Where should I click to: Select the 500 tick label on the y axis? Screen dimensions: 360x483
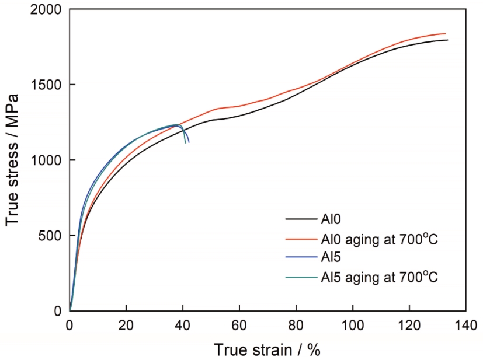tap(51, 236)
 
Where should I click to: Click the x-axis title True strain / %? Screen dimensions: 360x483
tap(267, 349)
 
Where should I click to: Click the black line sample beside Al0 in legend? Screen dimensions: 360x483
tap(301, 219)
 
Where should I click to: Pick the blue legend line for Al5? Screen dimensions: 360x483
tap(301, 257)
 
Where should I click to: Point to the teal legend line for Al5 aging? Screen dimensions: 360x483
tap(301, 277)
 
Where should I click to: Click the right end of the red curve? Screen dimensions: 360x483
tap(446, 34)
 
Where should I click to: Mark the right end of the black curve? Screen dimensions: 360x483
tap(447, 40)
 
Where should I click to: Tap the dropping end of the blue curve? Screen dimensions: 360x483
tap(189, 142)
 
